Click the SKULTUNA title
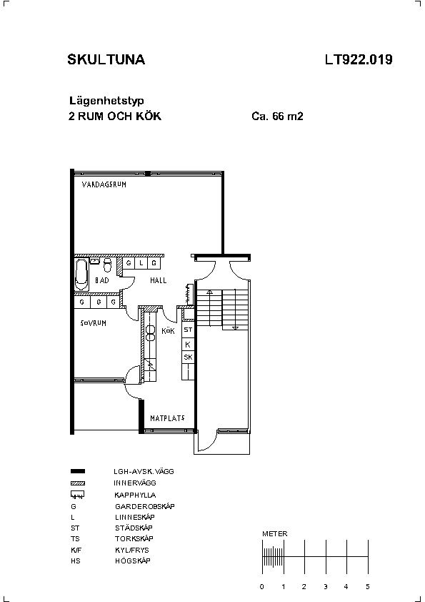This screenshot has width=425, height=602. [x=106, y=59]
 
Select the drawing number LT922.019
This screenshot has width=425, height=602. [x=359, y=59]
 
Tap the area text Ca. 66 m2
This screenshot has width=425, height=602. [x=277, y=116]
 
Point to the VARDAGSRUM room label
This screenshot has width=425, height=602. [x=104, y=184]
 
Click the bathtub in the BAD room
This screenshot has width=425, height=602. [x=81, y=275]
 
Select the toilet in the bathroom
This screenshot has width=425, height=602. [x=107, y=265]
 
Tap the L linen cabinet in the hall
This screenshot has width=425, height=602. [x=141, y=263]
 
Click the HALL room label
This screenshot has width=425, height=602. [x=158, y=281]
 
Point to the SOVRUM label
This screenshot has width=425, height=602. [x=93, y=323]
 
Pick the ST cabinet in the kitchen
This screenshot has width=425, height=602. [x=188, y=330]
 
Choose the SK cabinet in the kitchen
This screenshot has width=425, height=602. [x=188, y=357]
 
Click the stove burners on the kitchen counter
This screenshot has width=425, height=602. [x=150, y=333]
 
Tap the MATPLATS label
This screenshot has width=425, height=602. [x=167, y=418]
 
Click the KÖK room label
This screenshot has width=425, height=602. [x=168, y=331]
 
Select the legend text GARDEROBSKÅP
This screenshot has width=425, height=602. [x=144, y=506]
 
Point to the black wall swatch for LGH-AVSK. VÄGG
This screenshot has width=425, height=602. [x=78, y=471]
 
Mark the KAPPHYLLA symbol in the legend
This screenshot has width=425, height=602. [x=77, y=495]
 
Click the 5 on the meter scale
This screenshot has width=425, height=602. [x=367, y=587]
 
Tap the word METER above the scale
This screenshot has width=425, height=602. [x=274, y=533]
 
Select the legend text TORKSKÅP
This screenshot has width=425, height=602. [x=134, y=538]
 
